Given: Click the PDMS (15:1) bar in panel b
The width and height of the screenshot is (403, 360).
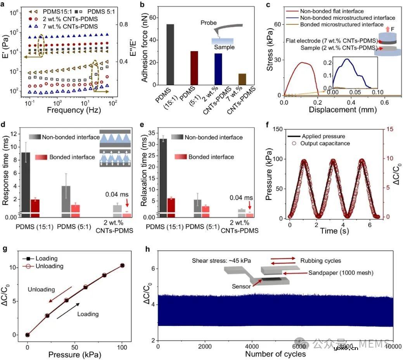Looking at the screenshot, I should click(x=170, y=54).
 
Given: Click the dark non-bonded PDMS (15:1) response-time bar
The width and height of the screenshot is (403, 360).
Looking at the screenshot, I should click(x=26, y=182).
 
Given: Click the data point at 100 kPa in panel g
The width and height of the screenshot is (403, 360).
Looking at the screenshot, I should click(x=122, y=265).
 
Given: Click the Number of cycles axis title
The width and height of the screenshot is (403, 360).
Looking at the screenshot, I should click(x=275, y=354).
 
